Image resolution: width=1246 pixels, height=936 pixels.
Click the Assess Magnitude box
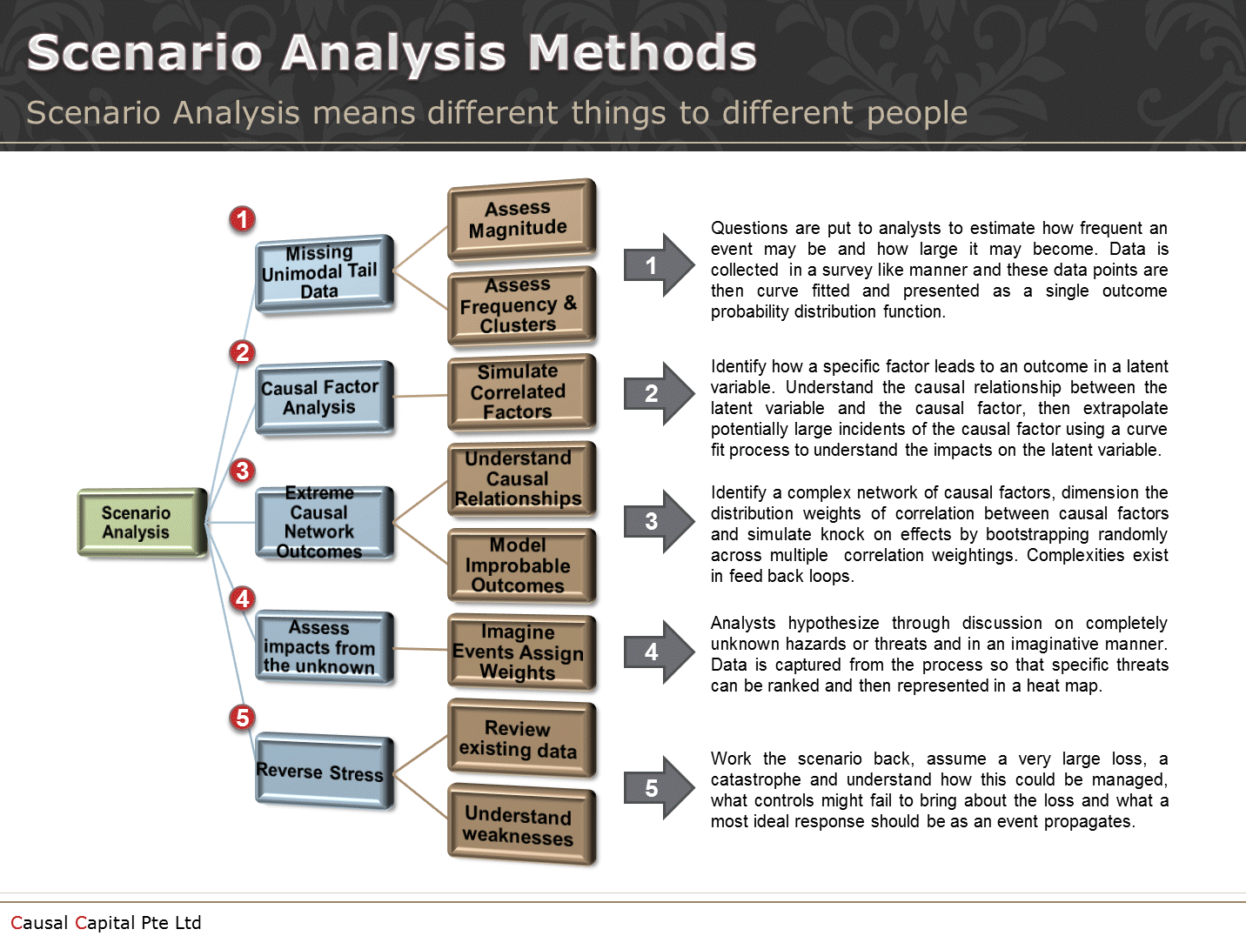(520, 218)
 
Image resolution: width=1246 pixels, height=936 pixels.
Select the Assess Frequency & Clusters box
(520, 304)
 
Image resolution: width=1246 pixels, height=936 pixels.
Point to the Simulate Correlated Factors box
(520, 391)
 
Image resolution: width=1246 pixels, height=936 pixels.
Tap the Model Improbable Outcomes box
(520, 565)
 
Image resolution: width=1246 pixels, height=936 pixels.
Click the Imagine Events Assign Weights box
(520, 652)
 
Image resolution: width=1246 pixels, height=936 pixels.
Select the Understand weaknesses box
(520, 824)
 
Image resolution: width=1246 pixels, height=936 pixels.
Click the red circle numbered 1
(243, 219)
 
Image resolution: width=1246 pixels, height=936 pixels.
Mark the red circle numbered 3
(243, 471)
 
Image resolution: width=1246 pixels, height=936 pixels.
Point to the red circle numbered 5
(243, 718)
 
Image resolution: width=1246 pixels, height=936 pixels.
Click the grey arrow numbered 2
(656, 393)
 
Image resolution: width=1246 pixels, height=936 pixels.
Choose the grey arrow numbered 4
(656, 652)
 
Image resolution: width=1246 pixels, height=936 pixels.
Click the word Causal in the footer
(39, 922)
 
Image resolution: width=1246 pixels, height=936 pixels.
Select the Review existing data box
(520, 739)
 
